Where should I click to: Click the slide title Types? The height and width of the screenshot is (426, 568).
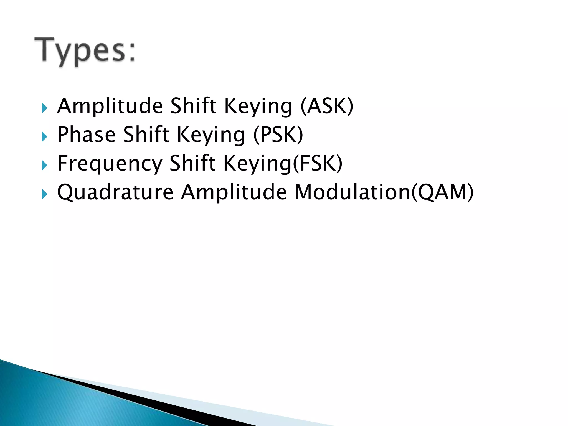[85, 51]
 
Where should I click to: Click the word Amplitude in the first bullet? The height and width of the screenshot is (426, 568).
[110, 106]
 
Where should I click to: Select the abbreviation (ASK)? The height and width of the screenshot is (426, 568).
[327, 106]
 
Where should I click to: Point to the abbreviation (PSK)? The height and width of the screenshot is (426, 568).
[278, 135]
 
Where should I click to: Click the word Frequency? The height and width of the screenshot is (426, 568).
[109, 164]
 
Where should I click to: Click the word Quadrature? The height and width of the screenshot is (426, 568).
[115, 192]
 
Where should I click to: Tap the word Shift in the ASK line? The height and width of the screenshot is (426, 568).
[193, 106]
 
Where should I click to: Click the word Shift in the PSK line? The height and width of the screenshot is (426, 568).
[146, 135]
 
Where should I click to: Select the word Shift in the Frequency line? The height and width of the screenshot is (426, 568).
[192, 164]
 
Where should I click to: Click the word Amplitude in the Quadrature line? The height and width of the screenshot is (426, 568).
[234, 192]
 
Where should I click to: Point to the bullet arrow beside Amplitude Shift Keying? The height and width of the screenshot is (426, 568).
[45, 108]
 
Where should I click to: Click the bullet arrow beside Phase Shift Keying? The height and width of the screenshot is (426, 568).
[45, 136]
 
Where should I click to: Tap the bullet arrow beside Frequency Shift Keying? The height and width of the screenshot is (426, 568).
[45, 166]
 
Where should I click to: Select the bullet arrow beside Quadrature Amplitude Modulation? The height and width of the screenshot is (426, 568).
[45, 194]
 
